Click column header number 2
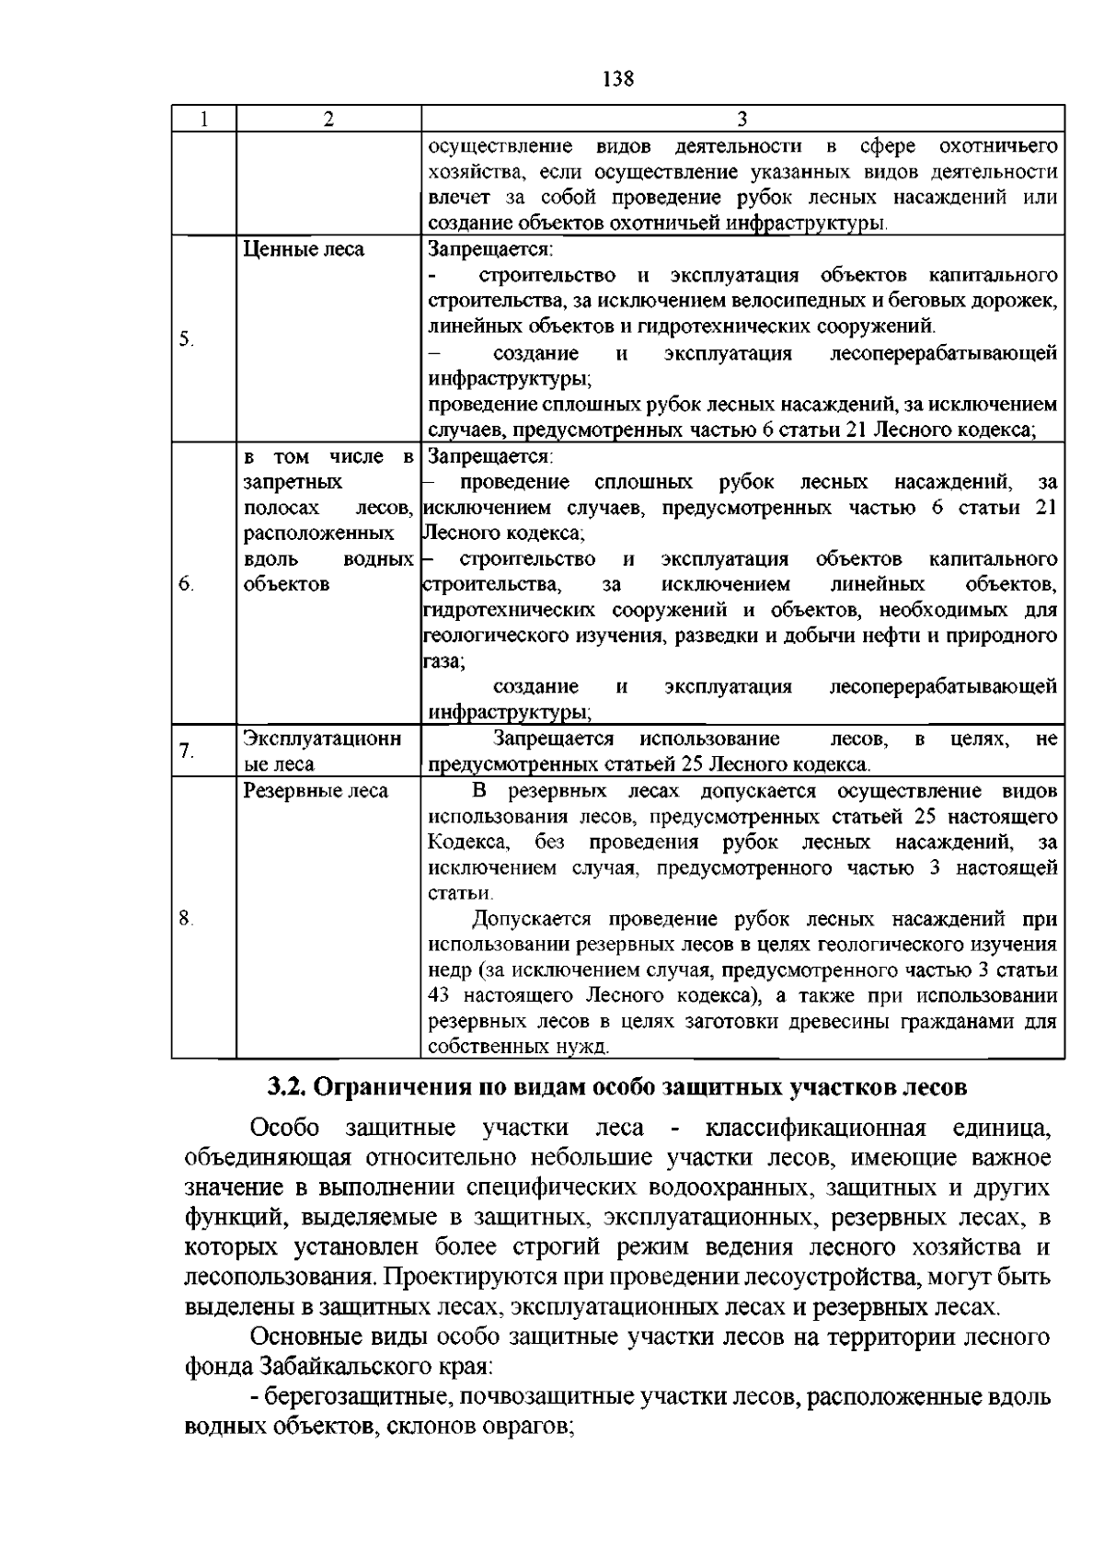click(328, 119)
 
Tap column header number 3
click(742, 119)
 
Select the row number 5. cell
click(186, 339)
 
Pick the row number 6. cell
click(186, 584)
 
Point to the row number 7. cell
click(186, 751)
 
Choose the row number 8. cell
click(186, 917)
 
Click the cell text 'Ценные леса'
click(303, 249)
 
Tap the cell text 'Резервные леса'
click(316, 791)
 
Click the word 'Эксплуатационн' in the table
click(322, 739)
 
